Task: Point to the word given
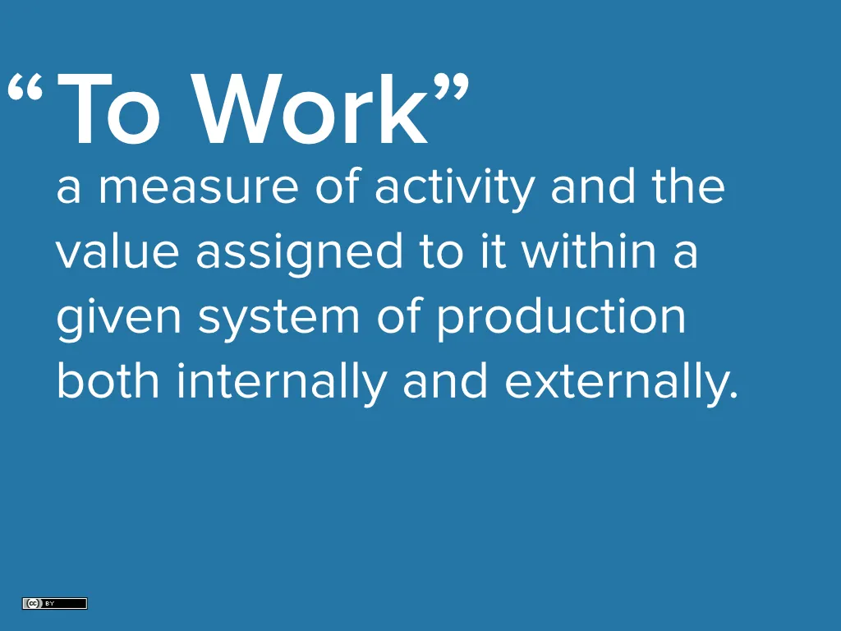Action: coord(119,318)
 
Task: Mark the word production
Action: coord(561,318)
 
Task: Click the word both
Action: coord(108,380)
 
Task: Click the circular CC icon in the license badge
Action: coord(33,604)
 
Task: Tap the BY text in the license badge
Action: coord(49,604)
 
